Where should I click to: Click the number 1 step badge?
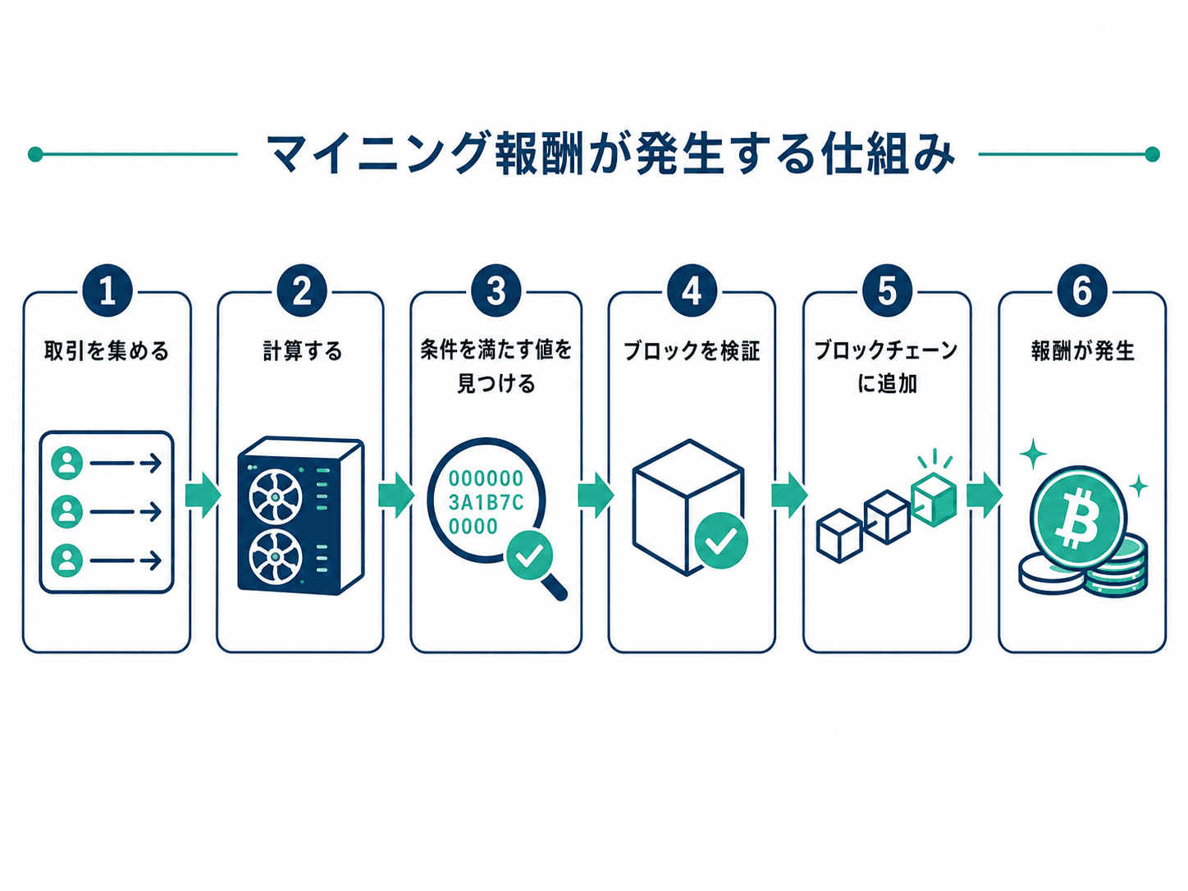(107, 291)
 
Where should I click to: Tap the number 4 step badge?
(692, 291)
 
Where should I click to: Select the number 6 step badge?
(1082, 291)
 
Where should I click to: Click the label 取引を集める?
(107, 351)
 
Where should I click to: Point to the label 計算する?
(303, 351)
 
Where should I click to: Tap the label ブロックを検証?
(692, 351)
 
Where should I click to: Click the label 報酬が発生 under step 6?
(1082, 351)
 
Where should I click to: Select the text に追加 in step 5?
(887, 384)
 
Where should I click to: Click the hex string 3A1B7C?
(486, 503)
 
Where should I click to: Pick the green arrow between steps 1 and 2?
(203, 495)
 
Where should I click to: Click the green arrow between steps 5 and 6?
(985, 495)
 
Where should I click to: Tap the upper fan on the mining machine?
(275, 496)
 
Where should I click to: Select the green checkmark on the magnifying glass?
(530, 555)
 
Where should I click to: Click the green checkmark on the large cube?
(721, 539)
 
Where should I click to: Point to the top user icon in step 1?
(66, 463)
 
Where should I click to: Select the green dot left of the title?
(35, 154)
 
